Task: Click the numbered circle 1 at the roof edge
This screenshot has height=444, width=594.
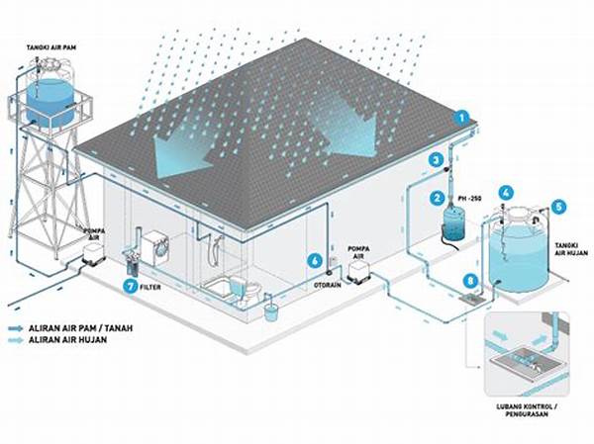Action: [460, 117]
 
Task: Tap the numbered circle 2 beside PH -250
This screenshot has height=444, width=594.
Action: [436, 198]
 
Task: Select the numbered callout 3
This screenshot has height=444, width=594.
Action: [436, 159]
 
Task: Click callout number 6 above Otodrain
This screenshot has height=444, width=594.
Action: [315, 261]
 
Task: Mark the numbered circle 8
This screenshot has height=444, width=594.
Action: [470, 283]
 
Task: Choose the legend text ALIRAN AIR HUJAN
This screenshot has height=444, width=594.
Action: [75, 340]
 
